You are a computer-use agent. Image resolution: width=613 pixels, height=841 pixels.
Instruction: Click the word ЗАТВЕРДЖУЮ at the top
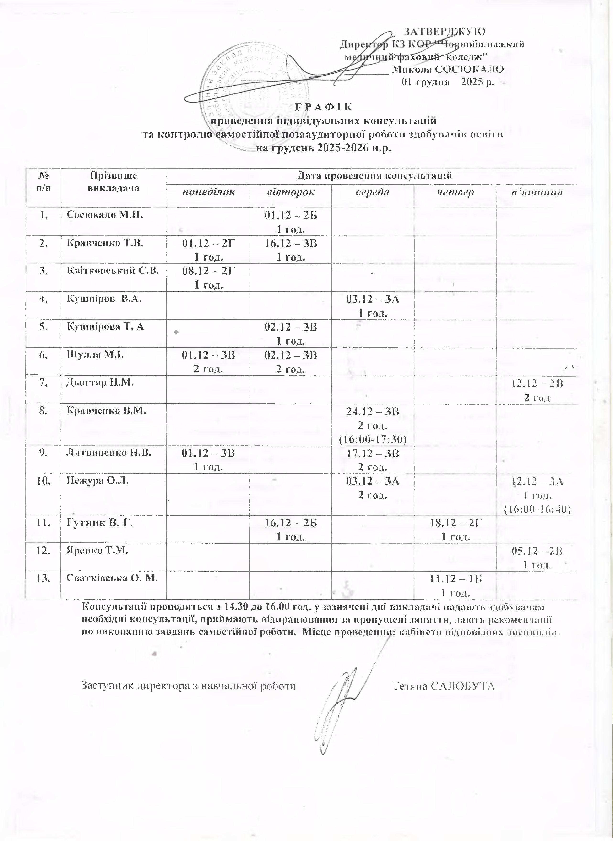[444, 31]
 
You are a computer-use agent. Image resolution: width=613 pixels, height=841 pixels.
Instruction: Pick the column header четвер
[455, 192]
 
